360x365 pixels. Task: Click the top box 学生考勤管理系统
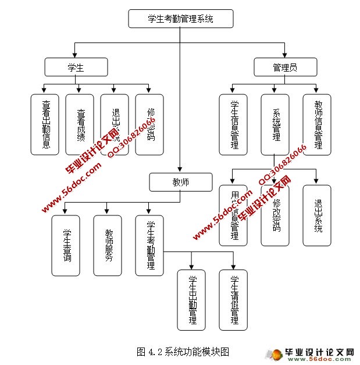pyautogui.click(x=181, y=19)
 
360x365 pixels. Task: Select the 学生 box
pyautogui.click(x=76, y=67)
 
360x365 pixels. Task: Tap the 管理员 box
pyautogui.click(x=285, y=67)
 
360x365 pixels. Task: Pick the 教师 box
pyautogui.click(x=181, y=182)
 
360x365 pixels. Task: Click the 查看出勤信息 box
pyautogui.click(x=45, y=125)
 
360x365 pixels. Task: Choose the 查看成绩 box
pyautogui.click(x=80, y=125)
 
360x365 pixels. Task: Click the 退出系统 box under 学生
pyautogui.click(x=115, y=125)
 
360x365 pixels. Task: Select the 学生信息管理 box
pyautogui.click(x=233, y=125)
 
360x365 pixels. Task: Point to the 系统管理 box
pyautogui.click(x=275, y=125)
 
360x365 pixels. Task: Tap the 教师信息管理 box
pyautogui.click(x=317, y=125)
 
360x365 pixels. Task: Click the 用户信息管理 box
pyautogui.click(x=233, y=215)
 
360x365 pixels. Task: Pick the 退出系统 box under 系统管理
pyautogui.click(x=317, y=215)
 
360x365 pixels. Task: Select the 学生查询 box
pyautogui.click(x=66, y=245)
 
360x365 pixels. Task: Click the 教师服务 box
pyautogui.click(x=108, y=245)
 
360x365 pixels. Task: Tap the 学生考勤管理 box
pyautogui.click(x=149, y=245)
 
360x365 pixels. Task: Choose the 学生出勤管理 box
pyautogui.click(x=191, y=300)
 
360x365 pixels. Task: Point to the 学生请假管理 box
pyautogui.click(x=233, y=300)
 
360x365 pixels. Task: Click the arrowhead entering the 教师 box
pyautogui.click(x=181, y=170)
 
